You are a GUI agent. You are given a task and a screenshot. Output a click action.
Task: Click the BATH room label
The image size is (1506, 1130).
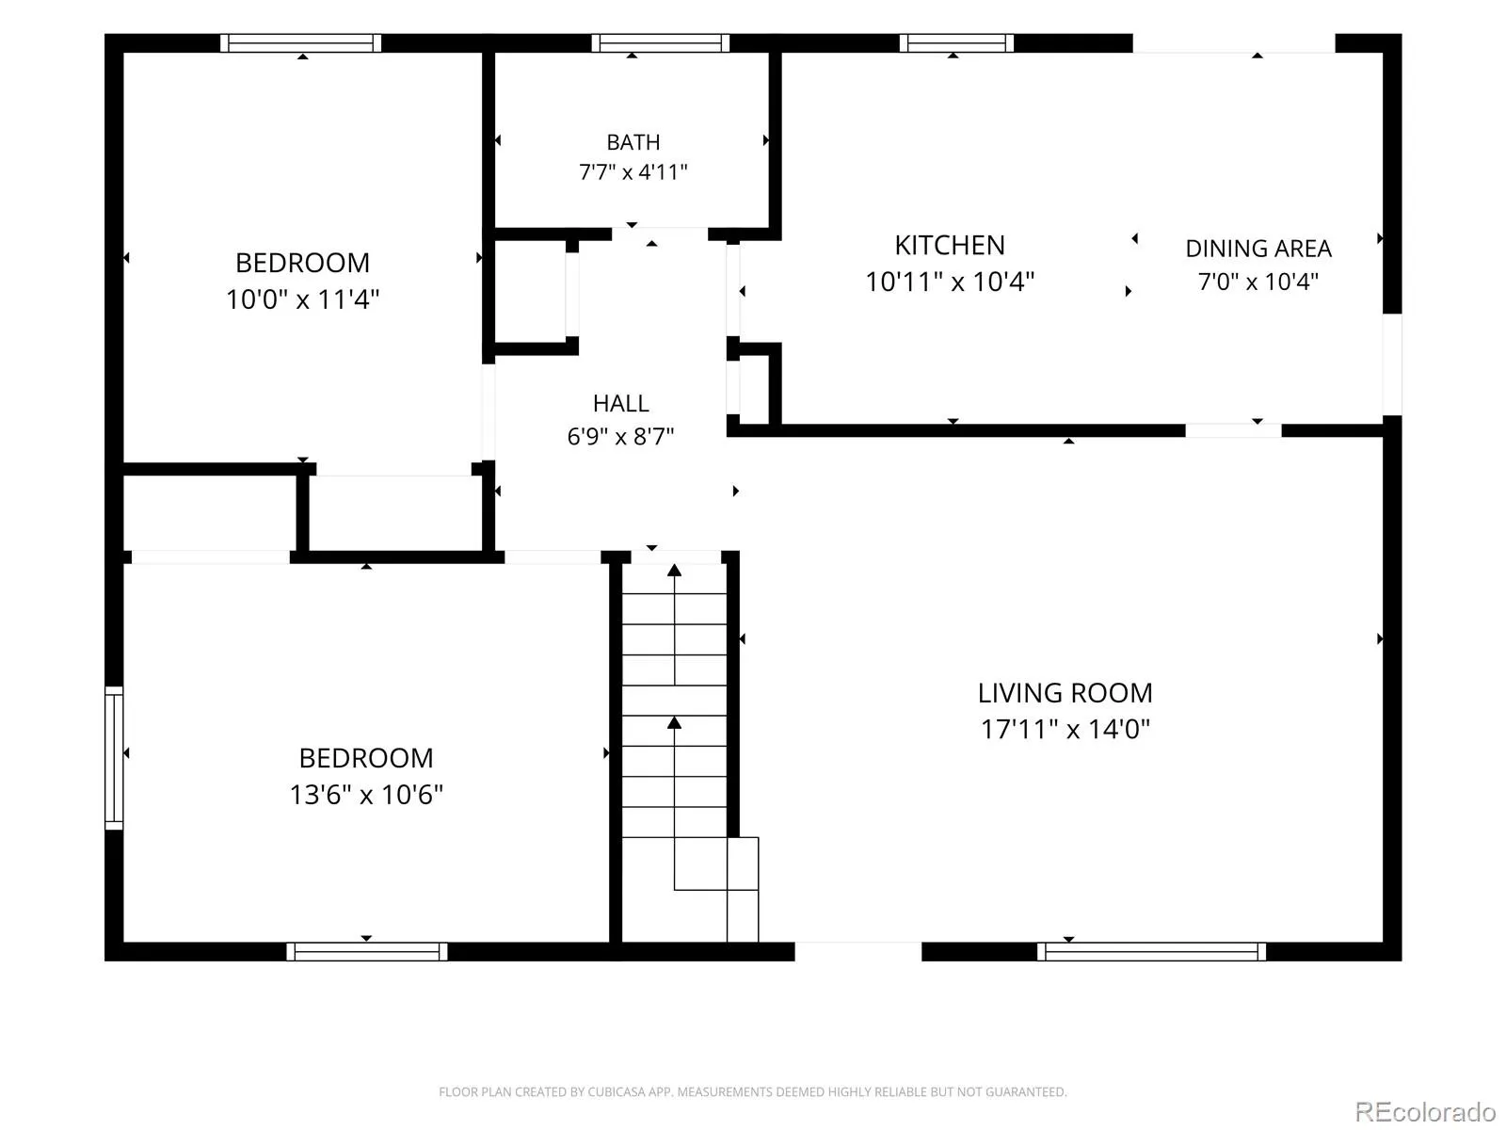(633, 142)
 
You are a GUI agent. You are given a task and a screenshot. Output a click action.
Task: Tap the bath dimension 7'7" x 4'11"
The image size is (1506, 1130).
(633, 171)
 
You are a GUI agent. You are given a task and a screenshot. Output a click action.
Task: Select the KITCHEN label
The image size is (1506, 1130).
(949, 245)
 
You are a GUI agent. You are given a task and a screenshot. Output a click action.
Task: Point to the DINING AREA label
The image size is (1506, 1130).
(1258, 249)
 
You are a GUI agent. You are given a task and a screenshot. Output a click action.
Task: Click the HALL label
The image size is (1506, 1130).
(620, 403)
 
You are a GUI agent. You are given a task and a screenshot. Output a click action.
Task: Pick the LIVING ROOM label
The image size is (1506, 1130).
(1065, 693)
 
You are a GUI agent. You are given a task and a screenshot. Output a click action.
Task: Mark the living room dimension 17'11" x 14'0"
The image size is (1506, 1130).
(1065, 729)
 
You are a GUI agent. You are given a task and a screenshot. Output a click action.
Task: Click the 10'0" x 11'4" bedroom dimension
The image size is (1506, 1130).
(302, 299)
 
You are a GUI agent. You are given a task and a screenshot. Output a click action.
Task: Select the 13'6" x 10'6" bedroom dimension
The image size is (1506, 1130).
(366, 795)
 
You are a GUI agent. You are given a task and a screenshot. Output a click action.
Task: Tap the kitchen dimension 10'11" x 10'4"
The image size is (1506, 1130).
(949, 282)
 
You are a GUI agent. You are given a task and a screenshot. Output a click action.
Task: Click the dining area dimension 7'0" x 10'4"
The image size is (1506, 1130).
(1258, 282)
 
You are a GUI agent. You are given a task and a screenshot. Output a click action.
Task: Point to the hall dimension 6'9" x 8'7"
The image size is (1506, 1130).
(620, 436)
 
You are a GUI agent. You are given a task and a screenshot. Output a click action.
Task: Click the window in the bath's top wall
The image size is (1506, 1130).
(660, 43)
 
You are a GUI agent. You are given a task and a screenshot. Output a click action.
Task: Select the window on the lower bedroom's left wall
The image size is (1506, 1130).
(114, 757)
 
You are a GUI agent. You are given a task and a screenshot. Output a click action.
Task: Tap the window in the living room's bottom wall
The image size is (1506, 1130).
(1150, 951)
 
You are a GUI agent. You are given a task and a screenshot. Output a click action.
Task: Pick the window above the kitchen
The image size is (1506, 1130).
(955, 43)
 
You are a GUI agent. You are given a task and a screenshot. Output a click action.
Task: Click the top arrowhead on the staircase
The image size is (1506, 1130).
(674, 570)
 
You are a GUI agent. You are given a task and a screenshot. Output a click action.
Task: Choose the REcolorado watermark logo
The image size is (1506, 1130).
(1425, 1111)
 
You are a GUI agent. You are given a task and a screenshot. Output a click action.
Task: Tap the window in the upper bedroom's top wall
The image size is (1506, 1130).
(300, 43)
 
